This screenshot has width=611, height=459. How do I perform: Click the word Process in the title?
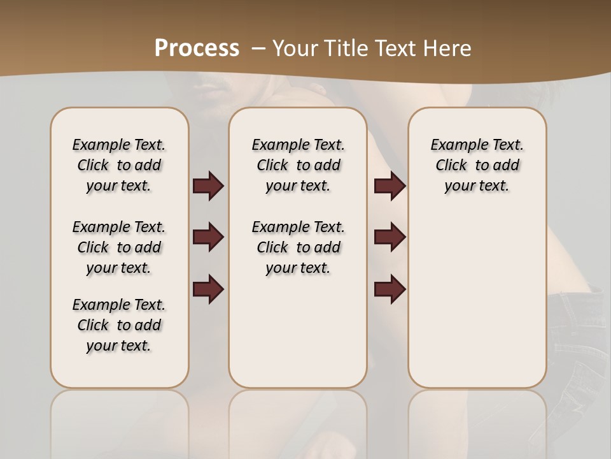[197, 48]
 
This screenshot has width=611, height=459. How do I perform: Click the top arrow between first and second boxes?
[208, 186]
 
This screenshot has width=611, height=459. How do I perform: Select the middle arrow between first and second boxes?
[208, 237]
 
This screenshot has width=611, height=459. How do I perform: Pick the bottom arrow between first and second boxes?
[208, 289]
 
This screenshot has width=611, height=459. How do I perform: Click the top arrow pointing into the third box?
[390, 186]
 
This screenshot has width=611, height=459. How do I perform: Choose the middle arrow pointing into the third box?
[390, 237]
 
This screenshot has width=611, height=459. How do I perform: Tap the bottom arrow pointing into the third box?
[390, 289]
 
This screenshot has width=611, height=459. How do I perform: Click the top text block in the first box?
[119, 165]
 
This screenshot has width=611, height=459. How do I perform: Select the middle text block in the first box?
[119, 247]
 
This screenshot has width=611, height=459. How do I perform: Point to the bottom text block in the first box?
[119, 325]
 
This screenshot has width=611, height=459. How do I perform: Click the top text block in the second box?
[298, 165]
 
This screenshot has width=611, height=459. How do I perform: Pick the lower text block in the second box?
[298, 247]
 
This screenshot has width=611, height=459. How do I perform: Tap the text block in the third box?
[477, 165]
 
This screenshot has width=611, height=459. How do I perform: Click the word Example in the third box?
[454, 145]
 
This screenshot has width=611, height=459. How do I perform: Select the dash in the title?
[258, 48]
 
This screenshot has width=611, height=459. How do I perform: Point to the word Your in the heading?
[295, 48]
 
